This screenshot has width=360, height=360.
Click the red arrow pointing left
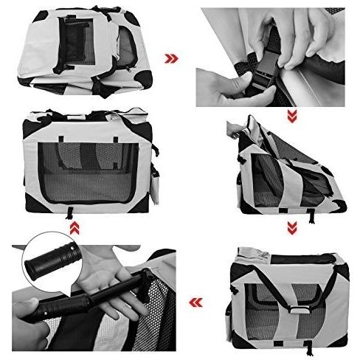(x=195, y=301)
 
